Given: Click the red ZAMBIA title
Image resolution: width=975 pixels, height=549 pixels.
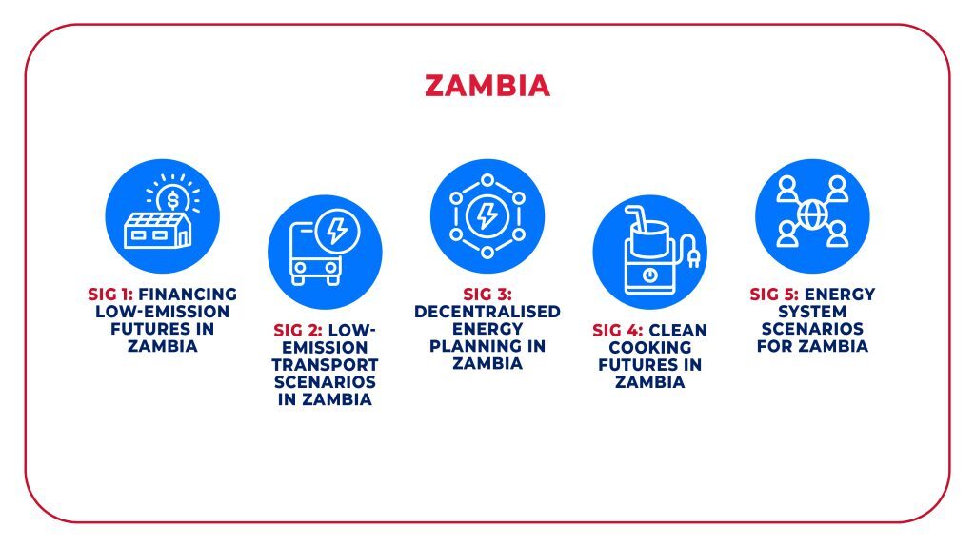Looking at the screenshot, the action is coord(487,86).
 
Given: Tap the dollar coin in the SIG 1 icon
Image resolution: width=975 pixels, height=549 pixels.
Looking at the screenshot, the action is coord(173,200).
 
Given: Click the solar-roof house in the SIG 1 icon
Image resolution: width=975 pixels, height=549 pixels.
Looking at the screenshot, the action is coord(158,231).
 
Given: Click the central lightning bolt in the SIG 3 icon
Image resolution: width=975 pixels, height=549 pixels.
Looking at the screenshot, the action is coord(487,216).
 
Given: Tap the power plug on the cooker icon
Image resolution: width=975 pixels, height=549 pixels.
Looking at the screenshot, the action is coord(693,252).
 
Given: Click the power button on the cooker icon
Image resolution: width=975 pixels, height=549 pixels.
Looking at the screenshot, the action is coord(649,274).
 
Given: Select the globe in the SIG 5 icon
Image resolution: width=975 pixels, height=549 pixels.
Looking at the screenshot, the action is coord(812,215).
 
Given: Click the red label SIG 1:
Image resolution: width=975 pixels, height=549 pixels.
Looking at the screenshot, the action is coord(110,294).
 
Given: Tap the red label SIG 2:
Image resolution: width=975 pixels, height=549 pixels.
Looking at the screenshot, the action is coord(298,330).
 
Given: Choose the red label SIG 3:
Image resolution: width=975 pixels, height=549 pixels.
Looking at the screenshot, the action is coord(487,294).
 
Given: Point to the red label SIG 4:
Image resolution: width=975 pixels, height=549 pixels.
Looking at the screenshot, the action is coord(617,330).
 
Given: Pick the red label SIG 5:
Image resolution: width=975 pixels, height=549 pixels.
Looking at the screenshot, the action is coord(774,294).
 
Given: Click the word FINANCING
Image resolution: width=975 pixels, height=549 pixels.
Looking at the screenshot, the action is coord(188,294).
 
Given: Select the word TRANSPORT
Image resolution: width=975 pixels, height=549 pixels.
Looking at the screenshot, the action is coord(326,365).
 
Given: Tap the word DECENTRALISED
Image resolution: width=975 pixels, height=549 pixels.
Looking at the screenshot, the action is coord(487,312).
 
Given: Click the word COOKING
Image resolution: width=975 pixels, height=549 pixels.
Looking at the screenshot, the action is coord(649,347).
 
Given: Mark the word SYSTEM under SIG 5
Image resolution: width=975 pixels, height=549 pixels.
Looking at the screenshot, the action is coord(812,312).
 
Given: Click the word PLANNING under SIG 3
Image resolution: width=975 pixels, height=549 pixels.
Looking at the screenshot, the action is coord(478,346).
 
